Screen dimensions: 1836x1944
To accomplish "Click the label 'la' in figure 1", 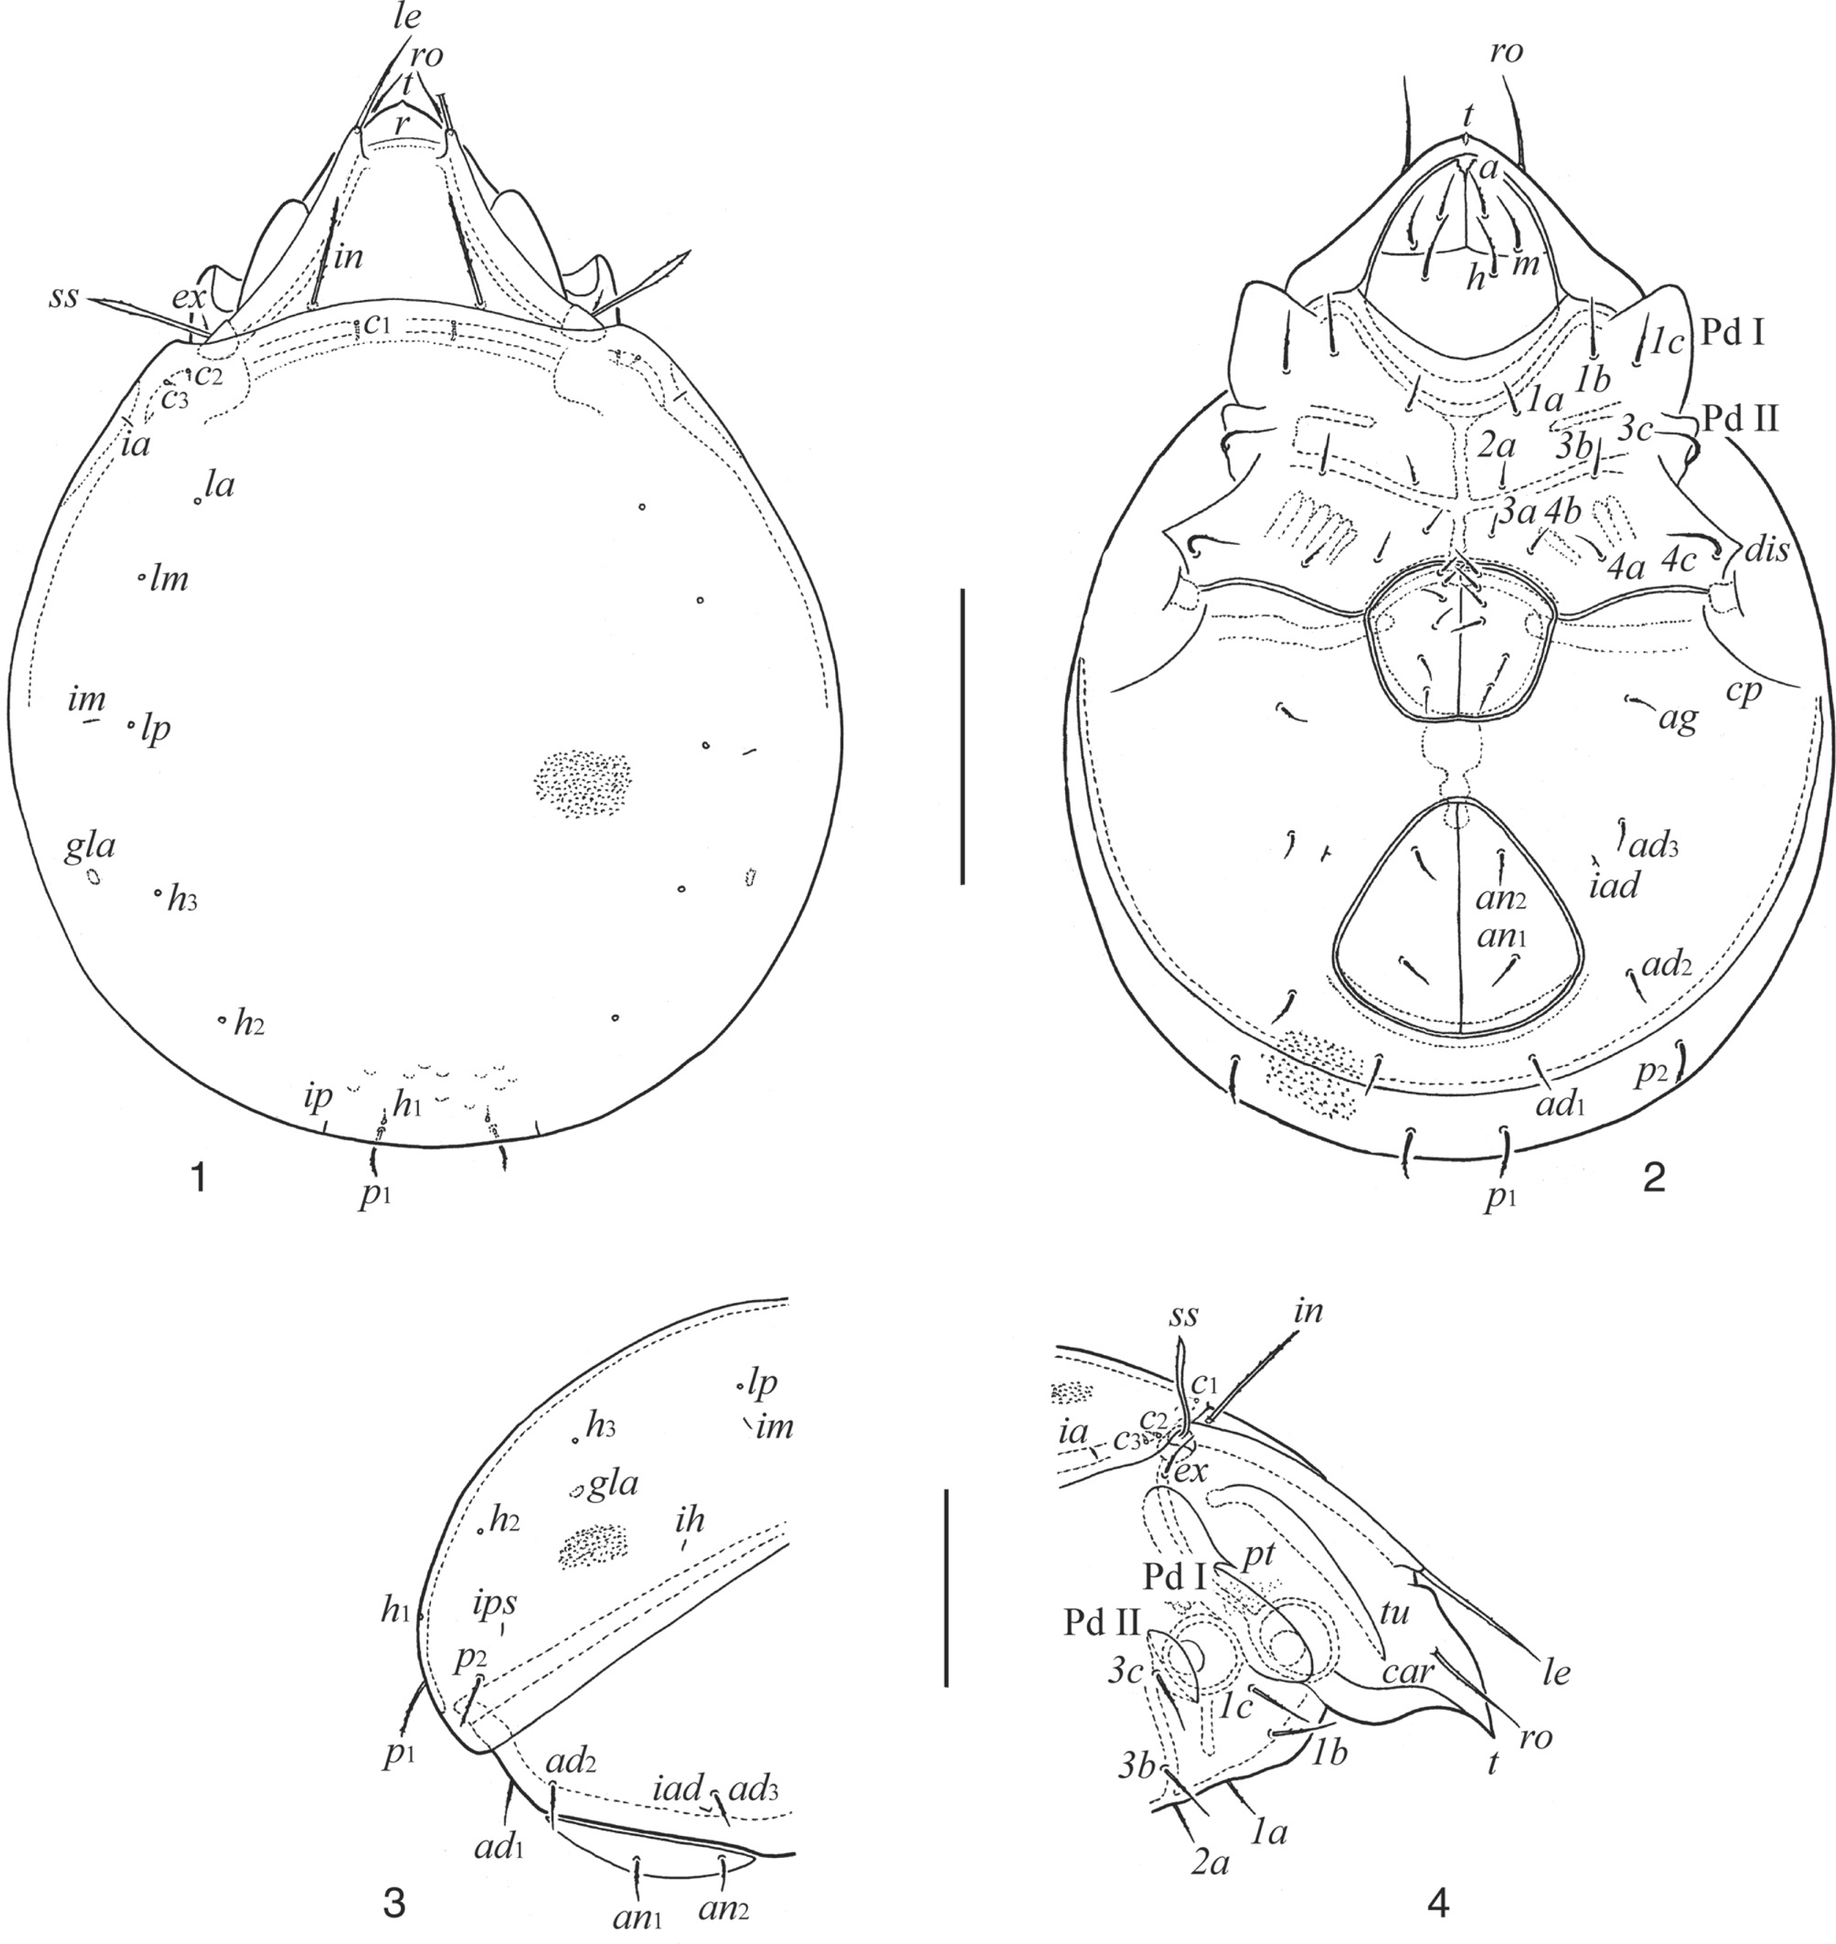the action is pos(220,485).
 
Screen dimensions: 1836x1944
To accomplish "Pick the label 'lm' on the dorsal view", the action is pos(169,580).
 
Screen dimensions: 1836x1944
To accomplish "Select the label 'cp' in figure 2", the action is pos(1744,691).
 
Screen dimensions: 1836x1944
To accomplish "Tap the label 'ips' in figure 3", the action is pos(495,1604).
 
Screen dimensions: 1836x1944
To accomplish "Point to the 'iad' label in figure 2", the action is pos(1616,886).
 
